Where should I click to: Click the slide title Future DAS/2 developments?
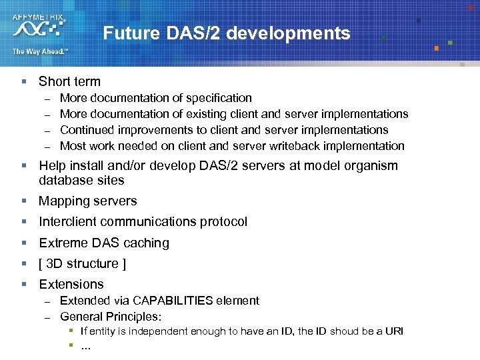click(x=227, y=33)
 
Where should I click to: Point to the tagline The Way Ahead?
click(x=39, y=51)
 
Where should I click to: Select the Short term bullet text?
click(x=69, y=82)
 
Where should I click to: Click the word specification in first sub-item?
click(x=219, y=98)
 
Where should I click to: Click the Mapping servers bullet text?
click(x=88, y=201)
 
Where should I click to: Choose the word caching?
click(x=147, y=243)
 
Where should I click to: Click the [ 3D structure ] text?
click(x=83, y=264)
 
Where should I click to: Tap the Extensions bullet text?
click(x=71, y=285)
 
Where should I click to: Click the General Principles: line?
click(x=111, y=317)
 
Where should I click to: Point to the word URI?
click(x=394, y=331)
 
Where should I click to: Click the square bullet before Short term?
click(x=23, y=82)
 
